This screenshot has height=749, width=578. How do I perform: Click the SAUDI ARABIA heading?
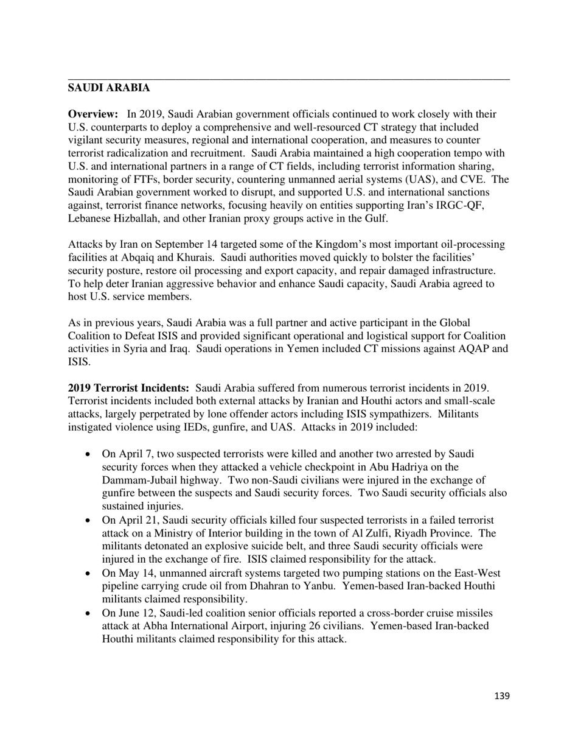tap(108, 88)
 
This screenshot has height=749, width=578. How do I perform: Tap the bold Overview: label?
tap(92, 114)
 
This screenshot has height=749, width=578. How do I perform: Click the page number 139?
tap(501, 696)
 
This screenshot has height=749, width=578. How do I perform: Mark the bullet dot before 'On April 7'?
tap(88, 454)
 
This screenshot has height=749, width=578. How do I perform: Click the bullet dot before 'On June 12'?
tap(88, 613)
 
